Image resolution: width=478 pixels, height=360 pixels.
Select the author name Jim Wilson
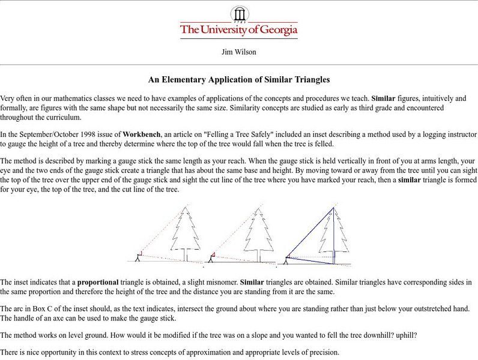click(239, 52)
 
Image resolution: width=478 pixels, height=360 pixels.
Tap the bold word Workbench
click(143, 134)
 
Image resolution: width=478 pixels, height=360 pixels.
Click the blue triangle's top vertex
click(333, 207)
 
